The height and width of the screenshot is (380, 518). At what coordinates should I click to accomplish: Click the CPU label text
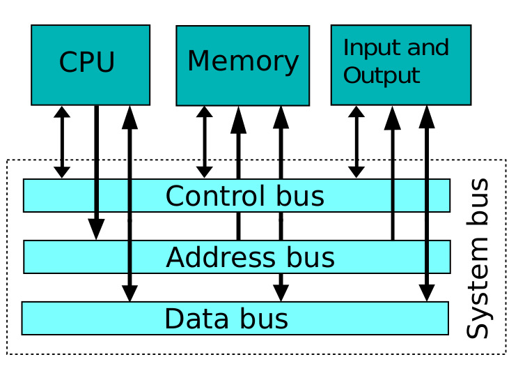[87, 62]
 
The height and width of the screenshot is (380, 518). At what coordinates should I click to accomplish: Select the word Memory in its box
[243, 61]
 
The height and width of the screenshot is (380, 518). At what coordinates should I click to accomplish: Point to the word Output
[382, 76]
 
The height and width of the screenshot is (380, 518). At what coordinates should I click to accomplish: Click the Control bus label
[245, 196]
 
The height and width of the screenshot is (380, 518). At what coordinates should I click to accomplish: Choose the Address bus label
[250, 257]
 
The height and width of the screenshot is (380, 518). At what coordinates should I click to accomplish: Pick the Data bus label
[226, 319]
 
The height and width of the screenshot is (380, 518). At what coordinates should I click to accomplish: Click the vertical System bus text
[478, 258]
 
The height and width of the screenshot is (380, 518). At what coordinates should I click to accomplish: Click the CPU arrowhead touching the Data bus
[129, 294]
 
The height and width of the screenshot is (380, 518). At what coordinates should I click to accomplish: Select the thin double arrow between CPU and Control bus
[62, 142]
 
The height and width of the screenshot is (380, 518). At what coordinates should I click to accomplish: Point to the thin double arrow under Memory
[205, 142]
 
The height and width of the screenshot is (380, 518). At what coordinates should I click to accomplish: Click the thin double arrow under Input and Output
[356, 142]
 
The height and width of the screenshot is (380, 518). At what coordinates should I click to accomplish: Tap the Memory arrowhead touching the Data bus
[281, 294]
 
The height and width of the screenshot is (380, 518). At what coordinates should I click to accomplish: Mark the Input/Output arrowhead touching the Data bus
[427, 294]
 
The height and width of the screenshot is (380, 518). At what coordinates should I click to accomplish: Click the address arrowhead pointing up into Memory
[239, 120]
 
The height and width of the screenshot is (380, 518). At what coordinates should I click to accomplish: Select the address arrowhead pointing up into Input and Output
[393, 118]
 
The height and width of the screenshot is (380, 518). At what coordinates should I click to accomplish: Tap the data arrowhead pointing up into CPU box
[129, 117]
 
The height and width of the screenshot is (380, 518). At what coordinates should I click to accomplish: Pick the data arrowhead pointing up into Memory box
[281, 117]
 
